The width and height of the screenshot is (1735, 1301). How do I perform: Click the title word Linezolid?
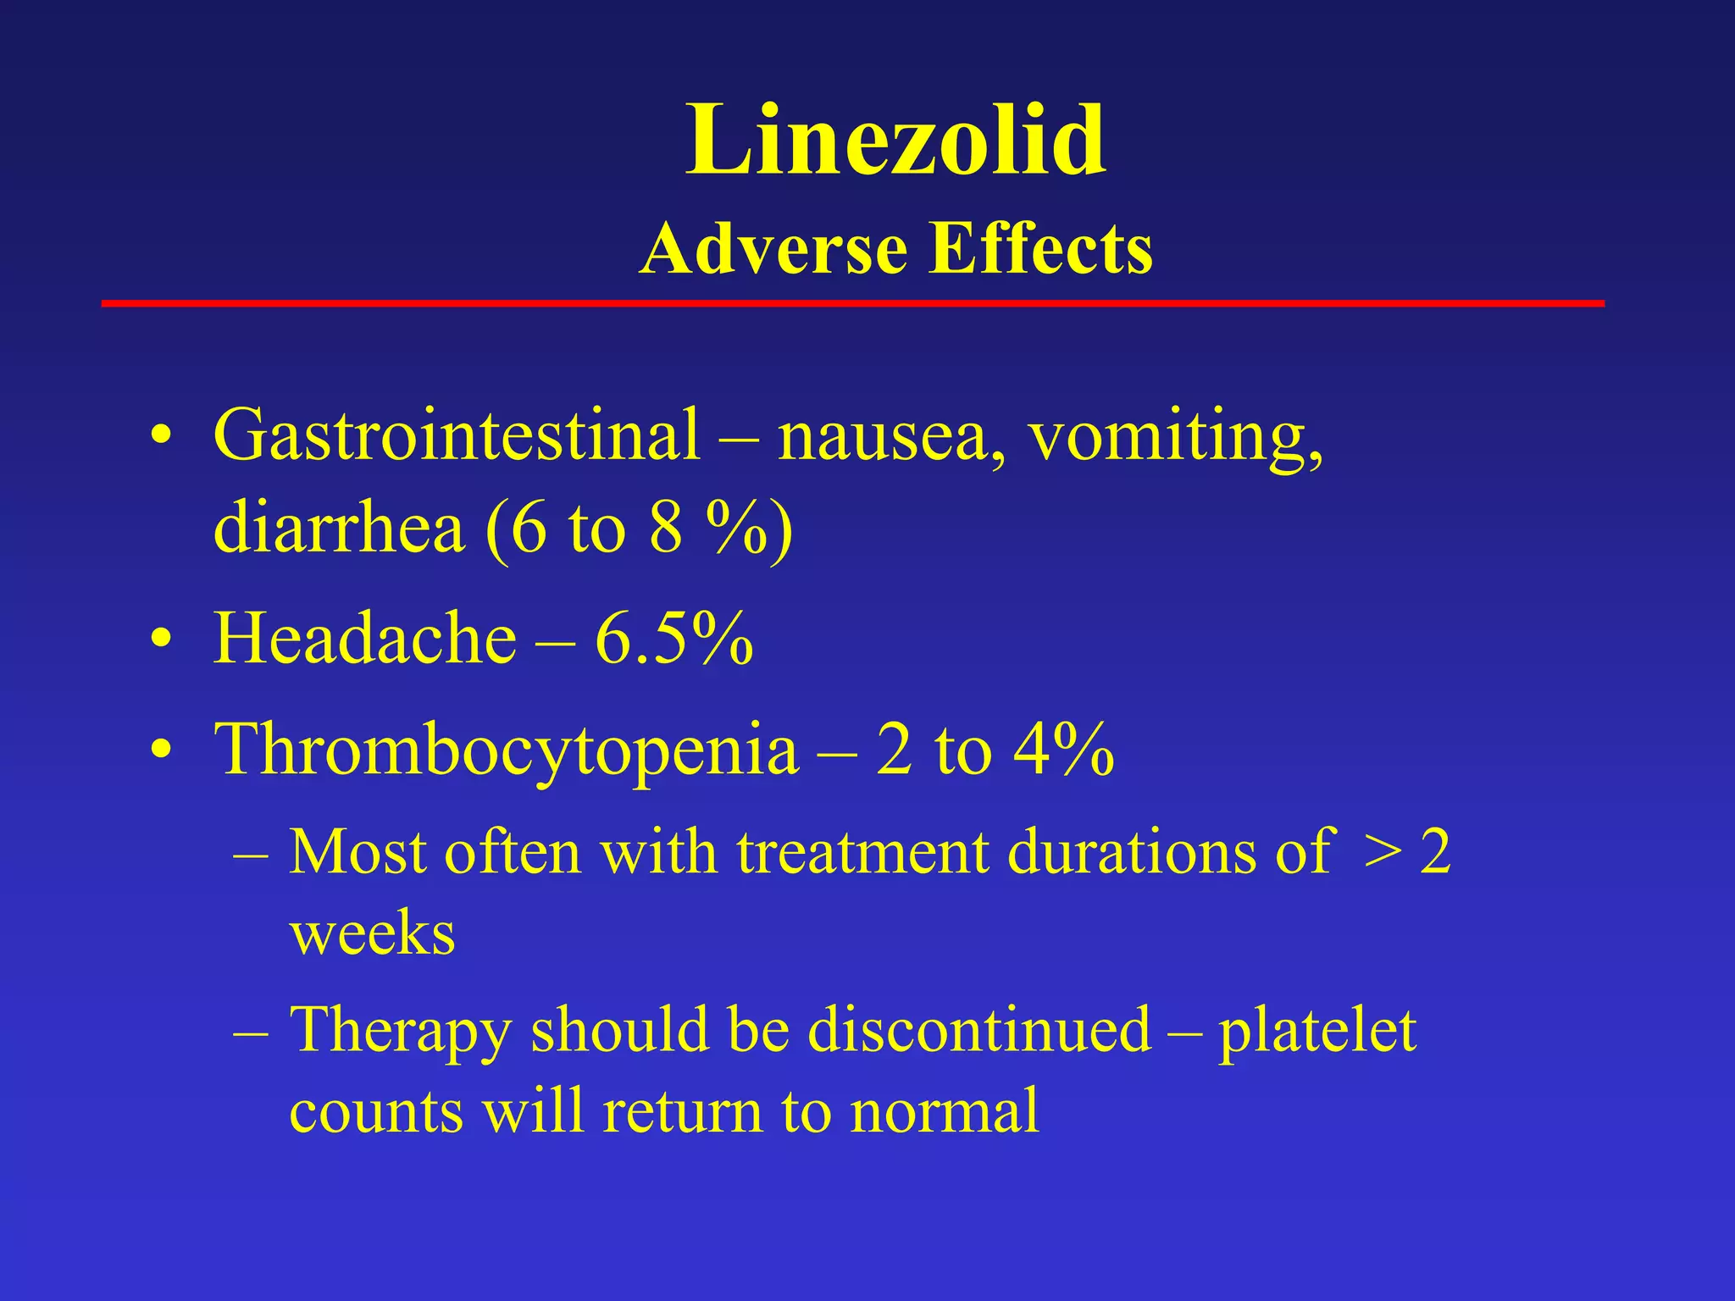895,140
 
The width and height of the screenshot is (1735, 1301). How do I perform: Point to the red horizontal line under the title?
852,303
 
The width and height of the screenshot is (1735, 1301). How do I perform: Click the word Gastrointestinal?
457,435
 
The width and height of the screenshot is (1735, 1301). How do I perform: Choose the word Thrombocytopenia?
507,750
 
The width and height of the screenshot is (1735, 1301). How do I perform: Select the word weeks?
373,933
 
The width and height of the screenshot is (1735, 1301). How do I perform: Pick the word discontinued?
978,1030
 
